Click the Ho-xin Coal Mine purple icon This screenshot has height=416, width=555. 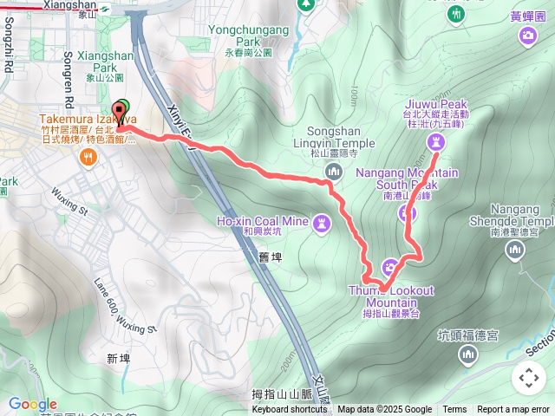[323, 224]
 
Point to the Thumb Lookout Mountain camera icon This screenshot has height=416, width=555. [390, 266]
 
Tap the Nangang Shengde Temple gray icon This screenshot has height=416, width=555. [516, 250]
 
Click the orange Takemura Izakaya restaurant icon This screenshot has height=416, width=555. [88, 156]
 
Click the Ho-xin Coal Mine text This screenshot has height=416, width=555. [262, 222]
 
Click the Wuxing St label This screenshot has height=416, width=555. [70, 201]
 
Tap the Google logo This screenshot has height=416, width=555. [32, 404]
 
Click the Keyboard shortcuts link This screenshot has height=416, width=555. [290, 410]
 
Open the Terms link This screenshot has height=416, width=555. [454, 410]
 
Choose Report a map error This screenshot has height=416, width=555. [513, 410]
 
